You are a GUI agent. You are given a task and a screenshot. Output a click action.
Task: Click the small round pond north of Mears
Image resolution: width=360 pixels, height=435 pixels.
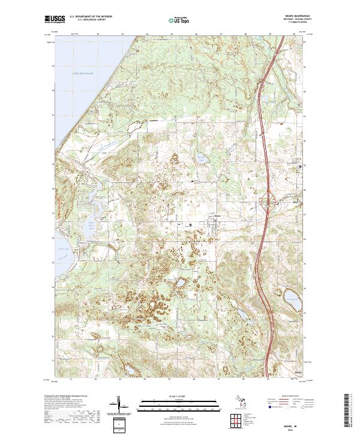(x=200, y=158)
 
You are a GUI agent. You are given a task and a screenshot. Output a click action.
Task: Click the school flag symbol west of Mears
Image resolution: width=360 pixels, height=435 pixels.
(x=191, y=225)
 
